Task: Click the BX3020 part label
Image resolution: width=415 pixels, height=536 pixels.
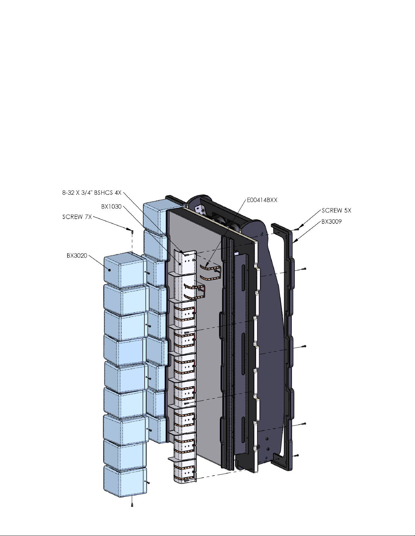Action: coord(77,256)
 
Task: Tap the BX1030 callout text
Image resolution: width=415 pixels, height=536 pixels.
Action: coord(111,207)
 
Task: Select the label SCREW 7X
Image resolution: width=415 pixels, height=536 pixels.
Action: coord(77,217)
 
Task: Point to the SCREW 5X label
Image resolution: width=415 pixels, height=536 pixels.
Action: coord(336,210)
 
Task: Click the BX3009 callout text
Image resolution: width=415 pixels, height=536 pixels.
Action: coord(332,222)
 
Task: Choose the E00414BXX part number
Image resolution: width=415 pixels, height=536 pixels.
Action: coord(262,200)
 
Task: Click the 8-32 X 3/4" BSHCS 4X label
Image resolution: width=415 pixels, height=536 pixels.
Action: coord(92,193)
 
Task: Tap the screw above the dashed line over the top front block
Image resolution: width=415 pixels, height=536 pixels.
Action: coord(132,232)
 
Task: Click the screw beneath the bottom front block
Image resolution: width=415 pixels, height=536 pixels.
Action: coord(132,505)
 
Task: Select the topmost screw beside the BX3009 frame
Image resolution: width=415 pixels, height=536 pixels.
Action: coord(297,229)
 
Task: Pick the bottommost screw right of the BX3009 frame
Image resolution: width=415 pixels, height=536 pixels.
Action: coord(297,455)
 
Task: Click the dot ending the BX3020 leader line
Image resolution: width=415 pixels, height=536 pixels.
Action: coord(109,270)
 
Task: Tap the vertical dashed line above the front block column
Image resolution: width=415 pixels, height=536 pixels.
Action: coord(132,243)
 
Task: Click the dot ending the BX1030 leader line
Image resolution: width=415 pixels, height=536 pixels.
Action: coord(180,264)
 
